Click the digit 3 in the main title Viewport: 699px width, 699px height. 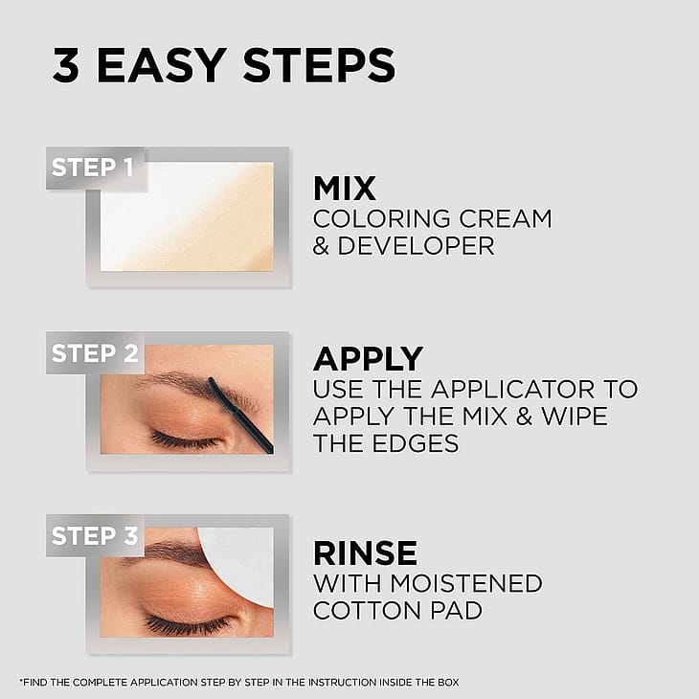(66, 65)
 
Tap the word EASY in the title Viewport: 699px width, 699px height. (162, 65)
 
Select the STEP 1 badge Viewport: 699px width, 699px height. (96, 169)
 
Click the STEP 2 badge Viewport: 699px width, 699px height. (95, 353)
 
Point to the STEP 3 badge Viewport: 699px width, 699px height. (95, 535)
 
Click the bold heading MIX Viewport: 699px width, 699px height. (345, 189)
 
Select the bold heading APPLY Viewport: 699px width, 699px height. (369, 359)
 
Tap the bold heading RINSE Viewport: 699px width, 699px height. (366, 553)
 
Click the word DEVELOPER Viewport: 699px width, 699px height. (416, 246)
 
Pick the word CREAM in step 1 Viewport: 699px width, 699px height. (506, 219)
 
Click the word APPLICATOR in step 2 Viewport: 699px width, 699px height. (513, 389)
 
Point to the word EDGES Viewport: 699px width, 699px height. (416, 443)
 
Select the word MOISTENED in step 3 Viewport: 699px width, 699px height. (466, 583)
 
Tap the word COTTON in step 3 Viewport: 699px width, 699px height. (367, 610)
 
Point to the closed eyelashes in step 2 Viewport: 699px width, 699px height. (184, 440)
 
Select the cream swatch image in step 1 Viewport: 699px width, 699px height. (187, 216)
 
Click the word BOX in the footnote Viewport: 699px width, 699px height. (449, 682)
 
